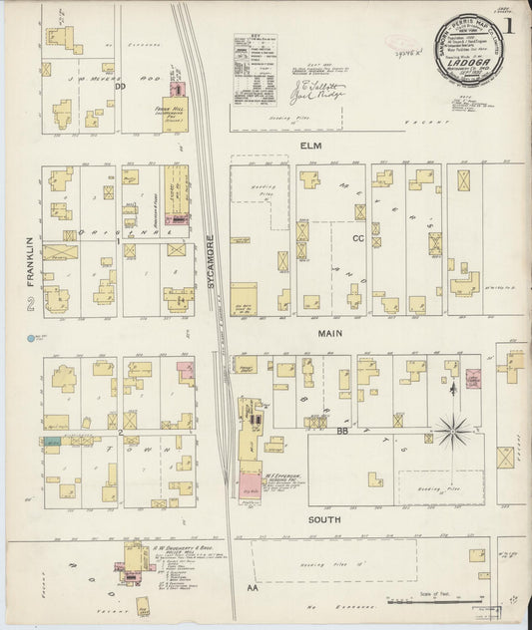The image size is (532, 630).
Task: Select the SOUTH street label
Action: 320,520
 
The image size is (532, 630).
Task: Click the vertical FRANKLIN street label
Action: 30,257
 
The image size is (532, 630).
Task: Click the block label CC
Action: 357,238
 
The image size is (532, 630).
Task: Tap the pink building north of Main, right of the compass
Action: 474,381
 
